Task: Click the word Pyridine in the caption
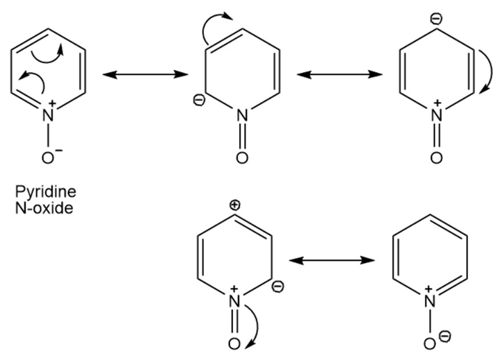point(46,192)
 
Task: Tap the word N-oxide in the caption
point(44,208)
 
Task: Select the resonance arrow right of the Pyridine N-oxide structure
point(145,75)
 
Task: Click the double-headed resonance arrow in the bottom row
point(332,261)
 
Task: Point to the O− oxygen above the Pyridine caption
point(48,157)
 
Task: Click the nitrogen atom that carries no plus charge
point(242,115)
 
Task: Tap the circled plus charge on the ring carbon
point(234,205)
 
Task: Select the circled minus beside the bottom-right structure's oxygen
point(445,336)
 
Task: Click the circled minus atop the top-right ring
point(436,19)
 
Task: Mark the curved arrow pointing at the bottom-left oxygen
point(255,327)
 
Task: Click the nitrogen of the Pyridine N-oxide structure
point(48,115)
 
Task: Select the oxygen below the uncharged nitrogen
point(242,157)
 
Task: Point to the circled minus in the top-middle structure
point(199,101)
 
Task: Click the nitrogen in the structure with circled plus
point(234,300)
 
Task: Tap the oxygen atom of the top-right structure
point(436,157)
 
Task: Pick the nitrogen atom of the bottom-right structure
point(429,300)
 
